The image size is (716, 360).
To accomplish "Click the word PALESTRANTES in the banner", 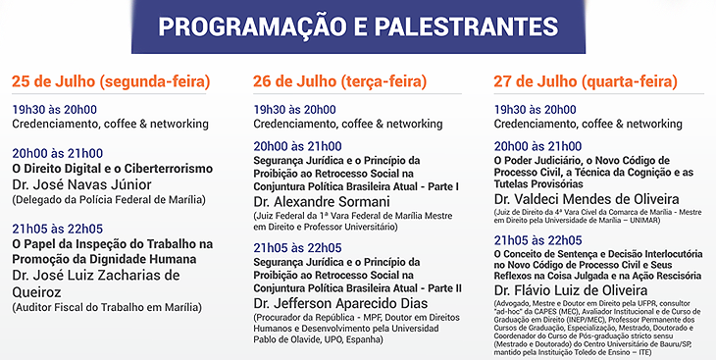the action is click(466, 26).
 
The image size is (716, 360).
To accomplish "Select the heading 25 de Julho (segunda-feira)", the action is click(111, 81).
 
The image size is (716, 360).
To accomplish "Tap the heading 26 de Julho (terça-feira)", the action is click(339, 81).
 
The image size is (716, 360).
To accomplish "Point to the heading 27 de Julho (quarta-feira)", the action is click(586, 81).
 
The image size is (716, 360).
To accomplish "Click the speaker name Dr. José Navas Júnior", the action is click(81, 184).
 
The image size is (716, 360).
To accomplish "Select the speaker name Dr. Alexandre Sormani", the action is click(322, 201).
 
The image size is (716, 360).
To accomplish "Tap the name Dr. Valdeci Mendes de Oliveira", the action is click(587, 199).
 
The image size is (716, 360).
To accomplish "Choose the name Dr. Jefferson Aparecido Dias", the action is click(340, 303).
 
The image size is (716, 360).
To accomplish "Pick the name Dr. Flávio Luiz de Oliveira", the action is click(570, 290).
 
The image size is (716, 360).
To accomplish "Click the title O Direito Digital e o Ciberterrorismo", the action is click(113, 168).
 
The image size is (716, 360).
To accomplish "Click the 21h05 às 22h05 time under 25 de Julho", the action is click(58, 229).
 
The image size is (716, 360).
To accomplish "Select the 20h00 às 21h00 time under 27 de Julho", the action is click(537, 147).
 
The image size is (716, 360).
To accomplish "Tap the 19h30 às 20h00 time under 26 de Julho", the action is click(294, 110).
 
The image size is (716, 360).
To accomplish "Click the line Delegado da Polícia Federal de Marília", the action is click(109, 200).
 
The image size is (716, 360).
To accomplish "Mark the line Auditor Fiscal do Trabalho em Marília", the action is click(106, 307).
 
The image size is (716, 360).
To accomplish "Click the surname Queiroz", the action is click(36, 292).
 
